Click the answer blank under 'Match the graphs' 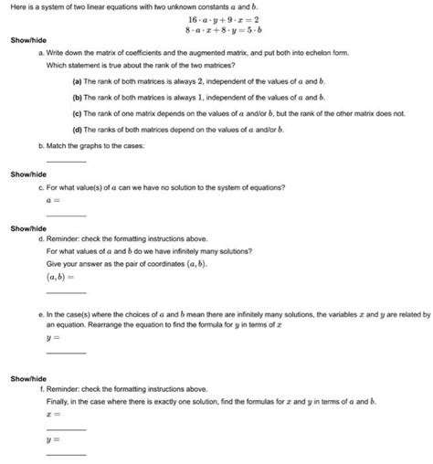pyautogui.click(x=66, y=161)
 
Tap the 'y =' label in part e pyautogui.click(x=52, y=336)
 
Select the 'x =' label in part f pyautogui.click(x=52, y=413)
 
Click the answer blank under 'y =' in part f pyautogui.click(x=66, y=453)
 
